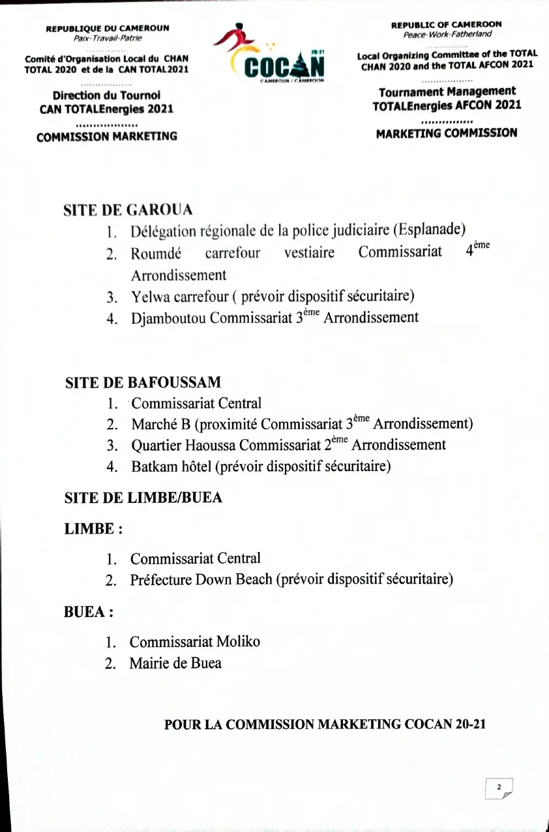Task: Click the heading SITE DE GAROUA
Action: [128, 210]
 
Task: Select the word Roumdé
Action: [156, 253]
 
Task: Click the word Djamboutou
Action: [168, 318]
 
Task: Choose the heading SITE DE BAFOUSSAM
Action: [143, 382]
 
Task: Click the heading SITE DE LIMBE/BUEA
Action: [143, 498]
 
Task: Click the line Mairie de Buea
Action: [175, 663]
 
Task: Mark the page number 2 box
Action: [499, 788]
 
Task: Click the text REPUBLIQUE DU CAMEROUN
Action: [108, 29]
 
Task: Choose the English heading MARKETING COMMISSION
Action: [447, 133]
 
